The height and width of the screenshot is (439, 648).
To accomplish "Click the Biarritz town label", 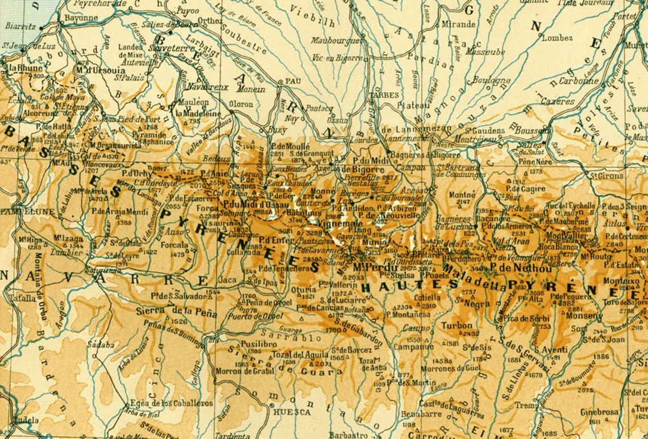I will (x=21, y=26).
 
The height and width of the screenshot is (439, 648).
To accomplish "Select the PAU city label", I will (x=292, y=81).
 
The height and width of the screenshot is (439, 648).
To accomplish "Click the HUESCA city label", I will (x=292, y=412).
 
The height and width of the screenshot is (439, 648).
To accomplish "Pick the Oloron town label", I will (x=241, y=104).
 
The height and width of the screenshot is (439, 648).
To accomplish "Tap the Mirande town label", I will (x=458, y=24).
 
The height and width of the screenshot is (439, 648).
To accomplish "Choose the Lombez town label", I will (x=557, y=38).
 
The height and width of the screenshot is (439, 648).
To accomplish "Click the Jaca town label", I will (x=228, y=280).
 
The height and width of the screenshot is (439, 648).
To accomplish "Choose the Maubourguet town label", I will (x=337, y=41).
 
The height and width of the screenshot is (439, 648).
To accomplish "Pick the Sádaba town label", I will (x=101, y=344).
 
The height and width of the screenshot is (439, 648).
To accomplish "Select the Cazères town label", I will (x=558, y=102).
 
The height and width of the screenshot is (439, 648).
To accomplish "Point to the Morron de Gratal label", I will (x=244, y=371).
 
